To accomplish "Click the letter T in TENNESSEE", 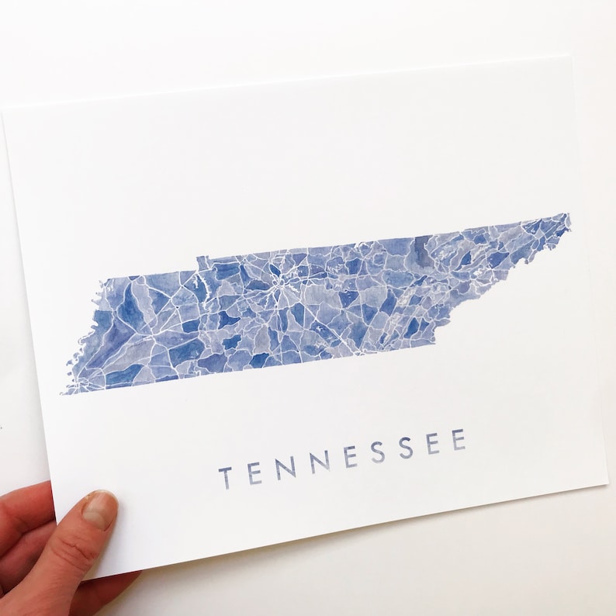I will tap(225, 477).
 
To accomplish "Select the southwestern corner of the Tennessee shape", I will tap(64, 392).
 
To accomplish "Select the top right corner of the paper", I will tap(572, 55).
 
